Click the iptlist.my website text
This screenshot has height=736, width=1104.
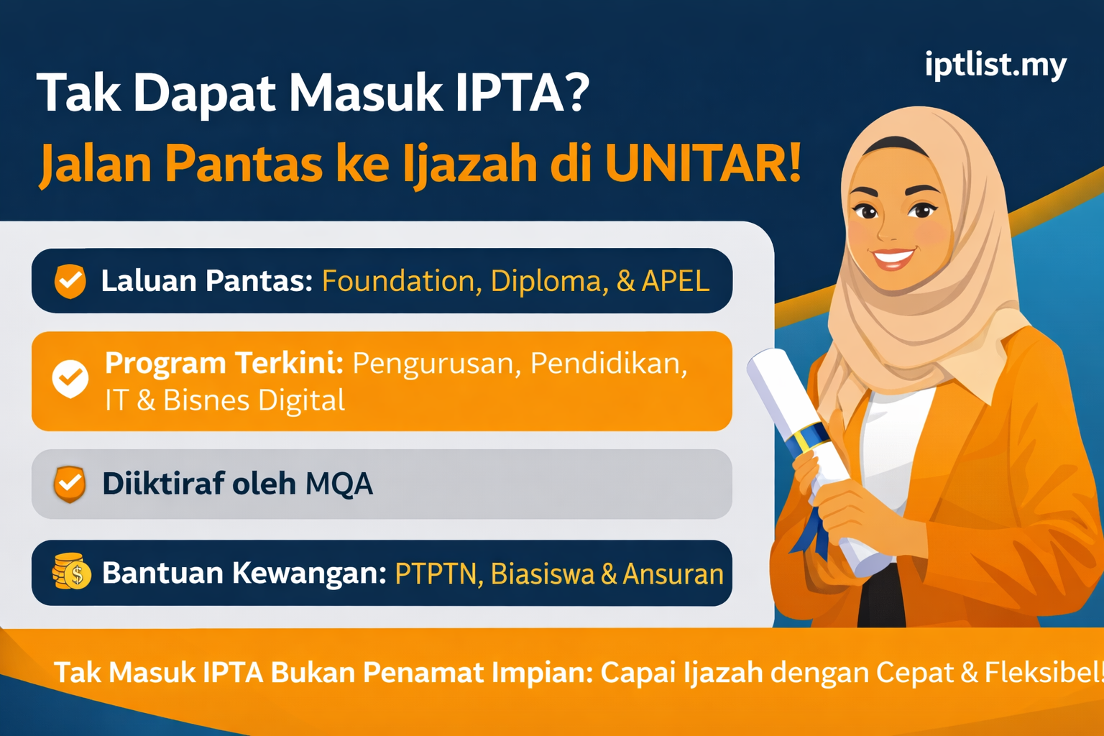995,65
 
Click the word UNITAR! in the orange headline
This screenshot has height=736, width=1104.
703,164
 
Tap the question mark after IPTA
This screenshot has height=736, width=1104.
575,93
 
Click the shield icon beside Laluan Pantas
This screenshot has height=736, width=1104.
70,281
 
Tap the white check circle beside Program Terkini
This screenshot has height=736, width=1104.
70,378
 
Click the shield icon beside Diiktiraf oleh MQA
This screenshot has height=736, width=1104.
70,484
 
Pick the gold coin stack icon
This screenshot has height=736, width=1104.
71,572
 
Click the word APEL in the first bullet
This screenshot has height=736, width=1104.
676,281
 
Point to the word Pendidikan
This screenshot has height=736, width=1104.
608,364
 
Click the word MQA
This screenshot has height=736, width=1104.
339,484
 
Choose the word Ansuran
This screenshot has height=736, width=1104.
673,574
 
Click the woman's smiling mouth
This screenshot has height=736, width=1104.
893,257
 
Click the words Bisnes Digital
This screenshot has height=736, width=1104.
254,400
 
